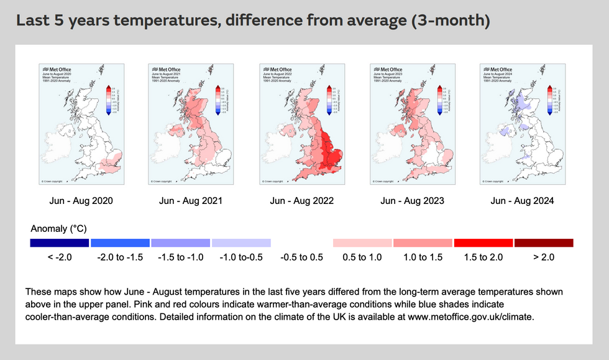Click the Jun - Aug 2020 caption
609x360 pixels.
[x=81, y=201]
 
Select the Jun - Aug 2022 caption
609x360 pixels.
[x=302, y=201]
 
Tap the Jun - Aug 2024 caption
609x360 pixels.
[x=522, y=201]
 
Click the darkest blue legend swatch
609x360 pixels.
[x=60, y=242]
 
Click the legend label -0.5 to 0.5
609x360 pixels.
[x=302, y=257]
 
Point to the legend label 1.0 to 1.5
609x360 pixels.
[x=423, y=257]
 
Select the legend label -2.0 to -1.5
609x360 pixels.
[x=120, y=257]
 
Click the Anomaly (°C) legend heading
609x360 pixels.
[x=59, y=229]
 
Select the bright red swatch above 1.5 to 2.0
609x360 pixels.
[x=483, y=242]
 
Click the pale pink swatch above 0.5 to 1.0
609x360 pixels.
[x=362, y=242]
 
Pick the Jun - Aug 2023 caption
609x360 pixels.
[x=412, y=201]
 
